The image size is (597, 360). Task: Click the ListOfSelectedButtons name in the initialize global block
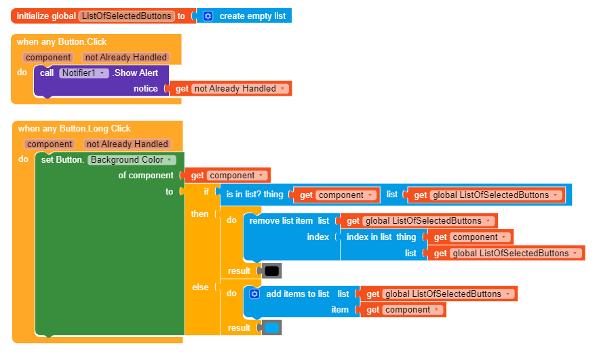[x=126, y=16]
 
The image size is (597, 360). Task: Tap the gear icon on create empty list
[x=208, y=16]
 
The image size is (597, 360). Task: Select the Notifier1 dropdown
[x=83, y=73]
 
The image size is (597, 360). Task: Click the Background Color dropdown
[x=132, y=160]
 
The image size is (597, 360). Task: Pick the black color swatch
[x=271, y=271]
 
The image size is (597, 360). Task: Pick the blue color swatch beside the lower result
[x=271, y=327]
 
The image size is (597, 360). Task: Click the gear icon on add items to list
[x=254, y=294]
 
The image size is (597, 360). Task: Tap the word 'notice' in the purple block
[x=145, y=88]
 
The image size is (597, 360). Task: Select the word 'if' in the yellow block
[x=207, y=192]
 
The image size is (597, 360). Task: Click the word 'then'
[x=200, y=214]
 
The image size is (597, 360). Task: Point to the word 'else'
[x=200, y=287]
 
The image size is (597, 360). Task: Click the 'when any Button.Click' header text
[x=62, y=41]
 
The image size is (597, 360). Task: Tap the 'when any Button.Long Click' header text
[x=74, y=128]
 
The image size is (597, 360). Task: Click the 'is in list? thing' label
[x=254, y=195]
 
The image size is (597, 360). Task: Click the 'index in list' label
[x=369, y=237]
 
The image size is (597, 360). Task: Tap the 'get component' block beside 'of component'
[x=228, y=175]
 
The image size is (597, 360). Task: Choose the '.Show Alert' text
[x=135, y=73]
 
